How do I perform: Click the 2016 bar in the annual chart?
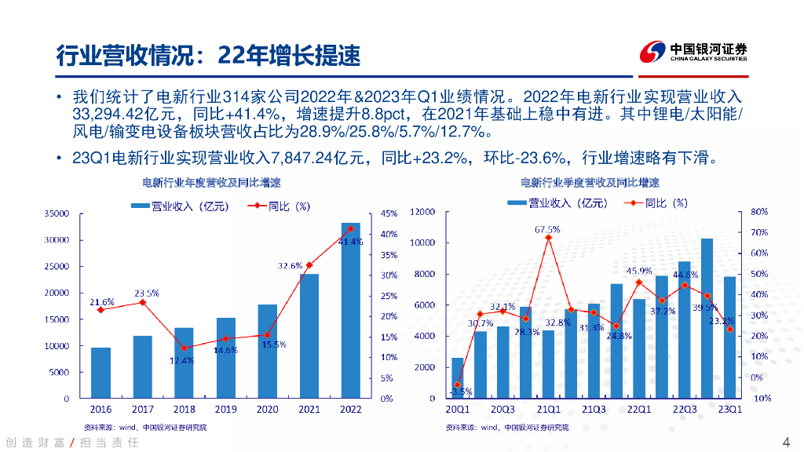point(100,373)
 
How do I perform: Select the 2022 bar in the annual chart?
point(351,314)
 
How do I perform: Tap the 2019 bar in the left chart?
point(226,358)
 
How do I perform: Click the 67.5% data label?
point(547,229)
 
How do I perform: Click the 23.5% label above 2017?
point(146,293)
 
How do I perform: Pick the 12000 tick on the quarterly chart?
point(422,212)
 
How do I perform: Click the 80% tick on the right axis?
point(759,212)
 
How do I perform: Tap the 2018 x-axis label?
point(184,410)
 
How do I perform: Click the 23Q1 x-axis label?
point(729,410)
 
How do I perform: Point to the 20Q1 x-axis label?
point(457,410)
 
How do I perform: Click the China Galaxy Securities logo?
point(691,53)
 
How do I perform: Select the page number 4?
point(786,440)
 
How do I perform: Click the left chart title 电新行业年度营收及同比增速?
point(211,182)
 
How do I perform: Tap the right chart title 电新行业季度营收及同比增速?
point(590,182)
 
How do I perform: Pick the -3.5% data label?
point(460,392)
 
